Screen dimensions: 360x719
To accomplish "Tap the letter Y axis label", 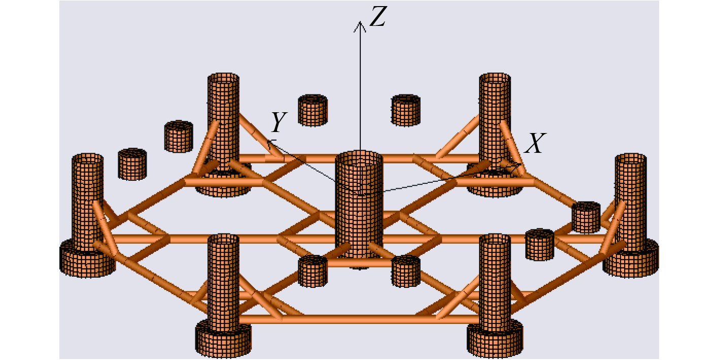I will coord(279,122).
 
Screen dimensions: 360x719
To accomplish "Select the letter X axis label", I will coord(535,144).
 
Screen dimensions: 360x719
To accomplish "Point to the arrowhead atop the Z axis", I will coord(360,25).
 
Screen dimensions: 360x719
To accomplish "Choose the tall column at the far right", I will coord(631,201).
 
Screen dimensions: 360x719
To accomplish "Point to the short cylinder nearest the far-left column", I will coord(132,164).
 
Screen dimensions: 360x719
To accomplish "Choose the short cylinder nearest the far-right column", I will coord(586,217).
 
